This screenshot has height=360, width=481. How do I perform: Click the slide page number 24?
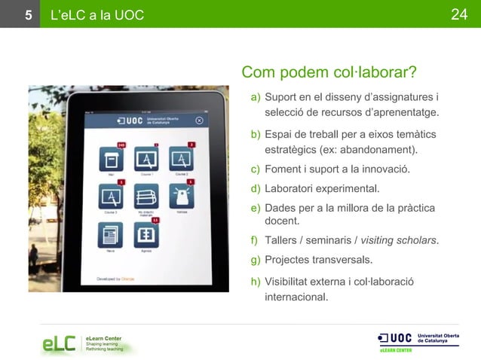point(460,14)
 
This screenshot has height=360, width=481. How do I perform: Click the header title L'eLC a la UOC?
point(96,14)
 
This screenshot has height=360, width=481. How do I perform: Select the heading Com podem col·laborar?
point(329,73)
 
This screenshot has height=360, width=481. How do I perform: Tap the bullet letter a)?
point(256,96)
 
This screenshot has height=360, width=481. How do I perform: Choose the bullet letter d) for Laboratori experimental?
point(256,188)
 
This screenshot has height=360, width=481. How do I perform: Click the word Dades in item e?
point(279,208)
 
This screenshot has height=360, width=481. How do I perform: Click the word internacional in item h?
point(296,297)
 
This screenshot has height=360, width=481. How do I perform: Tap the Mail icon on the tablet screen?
point(112,160)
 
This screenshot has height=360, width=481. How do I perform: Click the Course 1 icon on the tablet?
point(146,160)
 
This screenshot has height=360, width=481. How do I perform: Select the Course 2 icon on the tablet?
point(181,160)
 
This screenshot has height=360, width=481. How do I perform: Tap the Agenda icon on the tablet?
point(146,236)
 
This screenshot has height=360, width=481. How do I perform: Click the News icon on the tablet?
point(112,236)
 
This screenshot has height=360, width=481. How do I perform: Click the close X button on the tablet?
point(199,120)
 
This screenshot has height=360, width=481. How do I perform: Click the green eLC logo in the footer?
point(58,344)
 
